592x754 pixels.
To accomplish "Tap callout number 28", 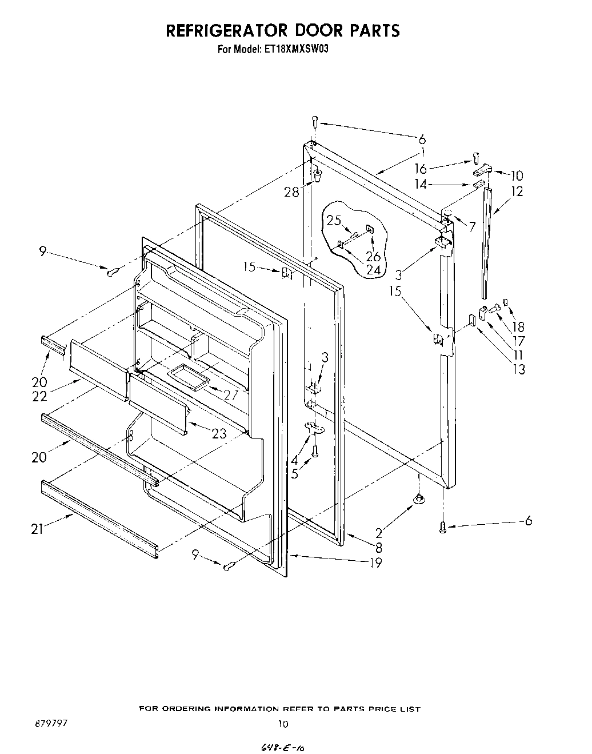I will pos(292,192).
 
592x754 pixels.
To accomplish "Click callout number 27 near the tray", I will pos(230,394).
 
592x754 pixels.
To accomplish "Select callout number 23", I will pos(219,434).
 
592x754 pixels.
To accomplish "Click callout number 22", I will pos(39,396).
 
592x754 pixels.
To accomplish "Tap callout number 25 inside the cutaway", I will pos(334,220).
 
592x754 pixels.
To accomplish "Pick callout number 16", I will pos(421,169).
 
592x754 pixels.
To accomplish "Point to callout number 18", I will pos(518,327).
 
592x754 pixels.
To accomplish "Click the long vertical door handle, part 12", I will pos(486,240).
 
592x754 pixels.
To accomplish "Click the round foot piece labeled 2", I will pos(419,501).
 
